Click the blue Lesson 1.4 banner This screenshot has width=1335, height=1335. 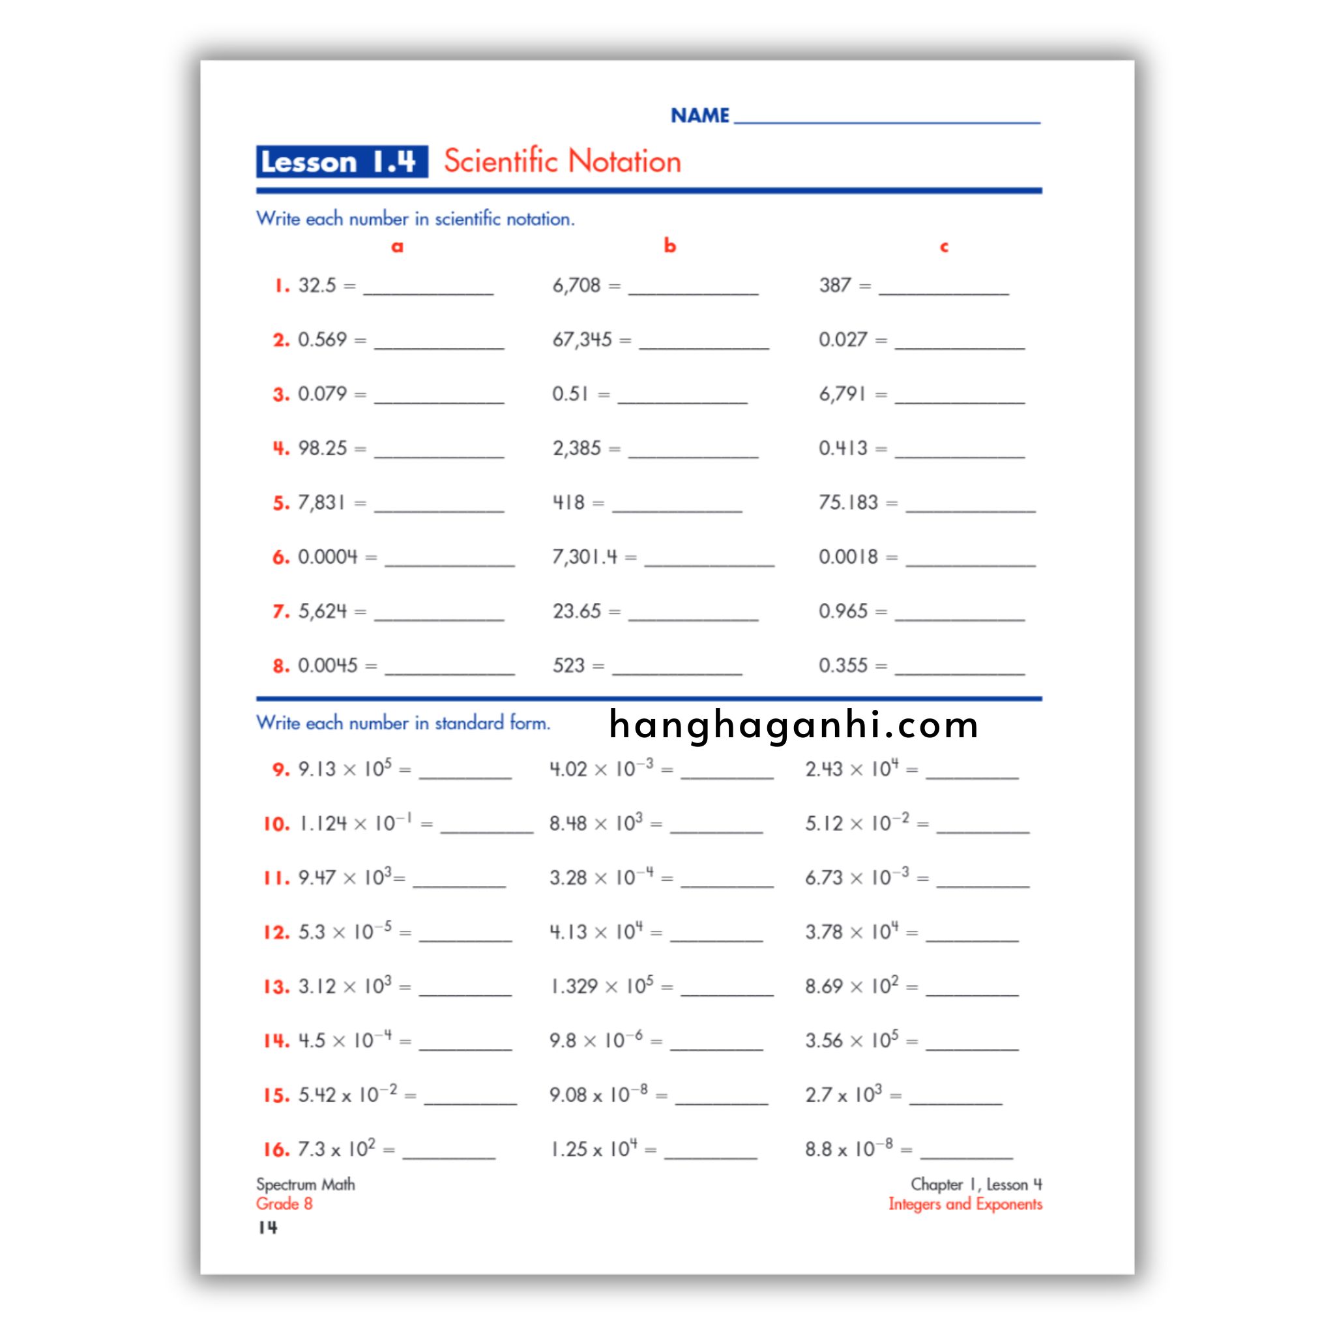pyautogui.click(x=342, y=162)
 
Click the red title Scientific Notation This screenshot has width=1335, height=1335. pyautogui.click(x=562, y=162)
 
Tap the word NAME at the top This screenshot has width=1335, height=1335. pyautogui.click(x=699, y=115)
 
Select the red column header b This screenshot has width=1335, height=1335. pyautogui.click(x=669, y=245)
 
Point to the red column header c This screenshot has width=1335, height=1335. pyautogui.click(x=944, y=246)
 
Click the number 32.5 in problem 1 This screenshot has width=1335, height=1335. pyautogui.click(x=316, y=286)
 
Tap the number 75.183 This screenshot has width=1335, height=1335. pyautogui.click(x=848, y=503)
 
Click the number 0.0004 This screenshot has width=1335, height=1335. pyautogui.click(x=327, y=557)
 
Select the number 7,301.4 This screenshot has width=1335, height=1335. pyautogui.click(x=585, y=557)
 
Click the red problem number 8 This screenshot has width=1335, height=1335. pyautogui.click(x=280, y=666)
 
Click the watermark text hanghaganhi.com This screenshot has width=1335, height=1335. pyautogui.click(x=794, y=726)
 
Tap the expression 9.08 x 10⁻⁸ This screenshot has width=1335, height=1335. pyautogui.click(x=598, y=1095)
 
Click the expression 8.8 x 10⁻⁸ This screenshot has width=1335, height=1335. pyautogui.click(x=849, y=1149)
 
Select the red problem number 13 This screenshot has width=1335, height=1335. pyautogui.click(x=276, y=987)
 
